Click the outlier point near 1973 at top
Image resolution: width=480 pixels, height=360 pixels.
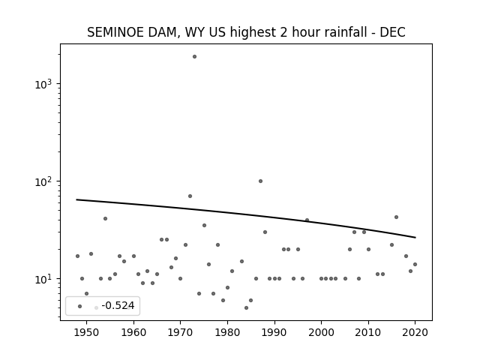tap(194, 57)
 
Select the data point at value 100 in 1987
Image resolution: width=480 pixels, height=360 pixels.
tap(260, 181)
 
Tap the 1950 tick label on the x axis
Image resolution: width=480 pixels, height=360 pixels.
tap(87, 332)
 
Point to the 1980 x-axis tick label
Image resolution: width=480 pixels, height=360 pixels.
tap(227, 332)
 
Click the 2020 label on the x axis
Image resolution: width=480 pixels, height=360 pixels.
tap(415, 332)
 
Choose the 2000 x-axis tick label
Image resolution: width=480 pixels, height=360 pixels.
tap(321, 332)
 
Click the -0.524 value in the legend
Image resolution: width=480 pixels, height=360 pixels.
tap(118, 305)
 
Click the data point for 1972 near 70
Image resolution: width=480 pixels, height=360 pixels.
tap(190, 196)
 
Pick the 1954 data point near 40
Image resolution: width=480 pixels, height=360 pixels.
tap(105, 218)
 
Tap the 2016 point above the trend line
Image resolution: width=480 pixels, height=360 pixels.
tap(397, 217)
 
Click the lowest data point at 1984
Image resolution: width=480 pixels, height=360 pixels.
tap(247, 308)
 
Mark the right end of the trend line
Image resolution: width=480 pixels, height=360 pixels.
tap(415, 238)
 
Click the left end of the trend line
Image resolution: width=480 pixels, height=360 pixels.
tap(76, 199)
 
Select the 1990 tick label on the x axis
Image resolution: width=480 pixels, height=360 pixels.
tap(274, 332)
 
